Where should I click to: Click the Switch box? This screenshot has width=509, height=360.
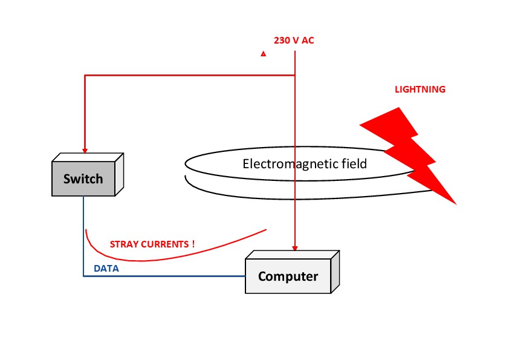coord(83,179)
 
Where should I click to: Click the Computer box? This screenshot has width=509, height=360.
coord(288,277)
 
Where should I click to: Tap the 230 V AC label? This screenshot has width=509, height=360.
coord(294,41)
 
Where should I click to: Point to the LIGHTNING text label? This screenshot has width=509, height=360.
coord(420,90)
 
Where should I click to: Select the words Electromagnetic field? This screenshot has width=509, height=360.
coord(304,164)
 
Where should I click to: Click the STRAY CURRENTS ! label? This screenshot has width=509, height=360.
coord(152,244)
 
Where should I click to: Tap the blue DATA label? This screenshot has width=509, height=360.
coord(106,269)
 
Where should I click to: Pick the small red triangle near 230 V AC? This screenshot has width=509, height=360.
coord(263,54)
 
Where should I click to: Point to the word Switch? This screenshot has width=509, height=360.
coord(83,179)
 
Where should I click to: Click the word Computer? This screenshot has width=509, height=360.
coord(288,277)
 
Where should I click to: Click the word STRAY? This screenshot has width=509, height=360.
coord(123,244)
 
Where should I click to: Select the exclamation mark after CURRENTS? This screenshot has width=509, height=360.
coord(193,244)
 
